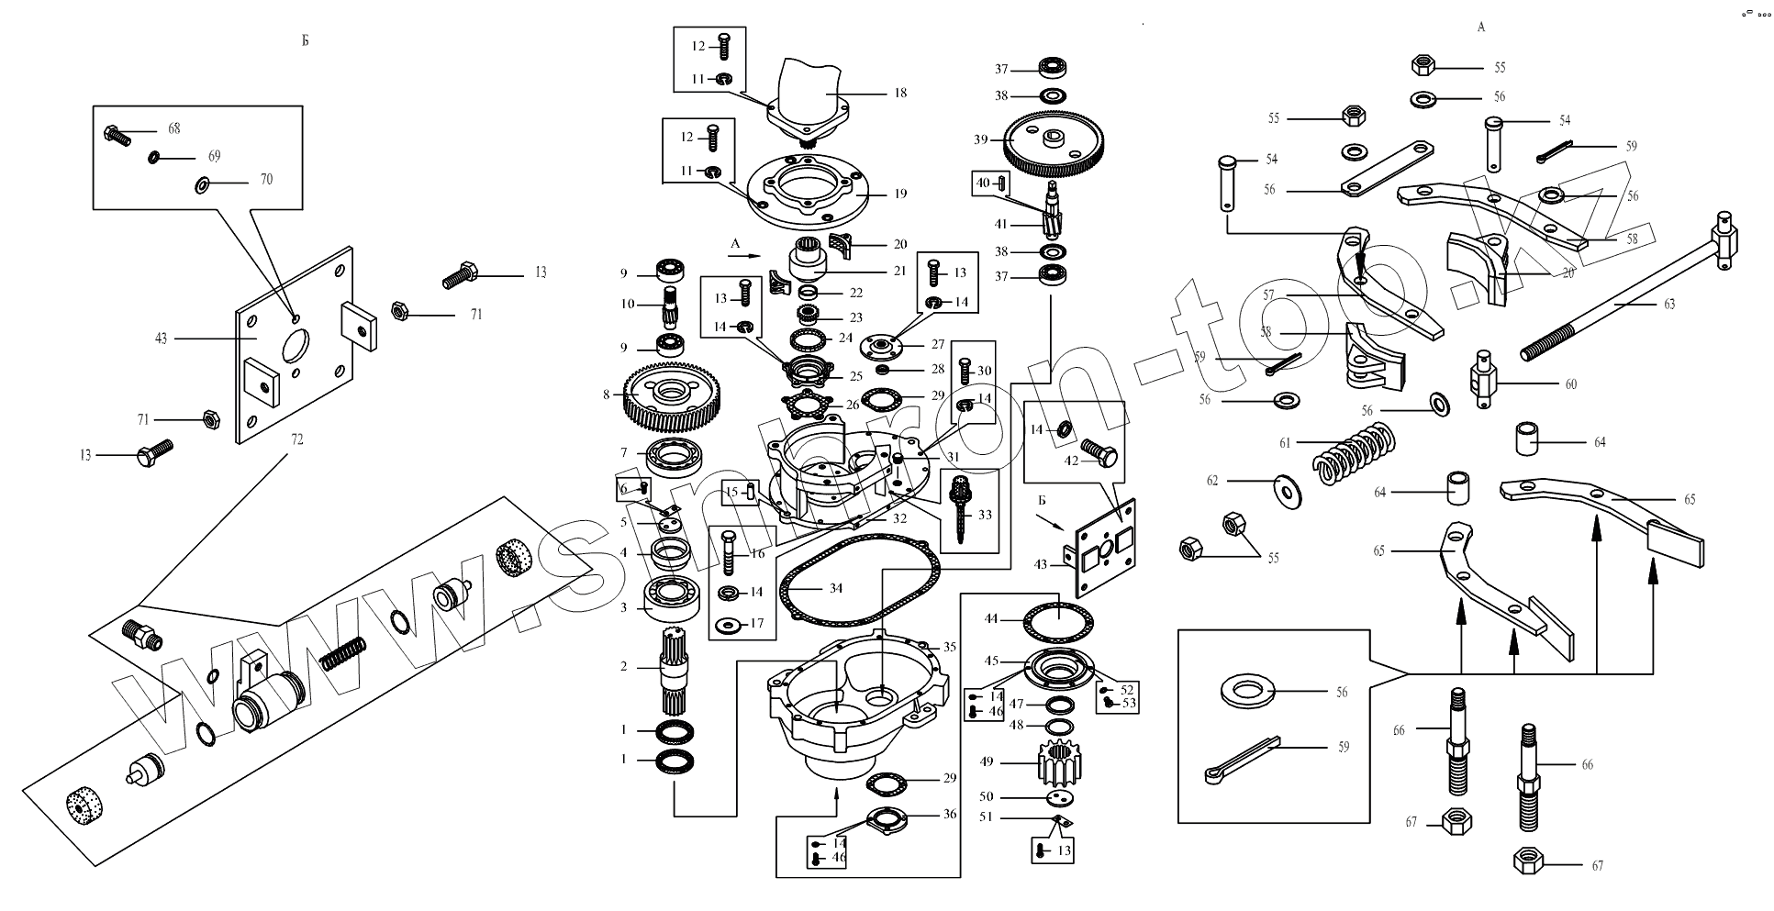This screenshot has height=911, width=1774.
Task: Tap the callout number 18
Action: [x=900, y=93]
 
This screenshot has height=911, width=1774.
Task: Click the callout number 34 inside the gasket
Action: [x=835, y=588]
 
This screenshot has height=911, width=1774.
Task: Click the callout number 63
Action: [x=1669, y=304]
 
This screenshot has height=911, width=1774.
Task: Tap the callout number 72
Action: [x=296, y=439]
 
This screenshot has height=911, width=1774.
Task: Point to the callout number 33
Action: [x=985, y=515]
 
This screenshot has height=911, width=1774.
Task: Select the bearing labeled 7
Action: [x=675, y=454]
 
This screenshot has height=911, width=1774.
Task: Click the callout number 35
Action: [x=950, y=647]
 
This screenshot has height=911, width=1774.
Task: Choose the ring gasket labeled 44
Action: [x=1059, y=624]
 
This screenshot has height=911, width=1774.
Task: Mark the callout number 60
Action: [x=1571, y=384]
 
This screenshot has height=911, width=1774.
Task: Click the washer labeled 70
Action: [x=203, y=186]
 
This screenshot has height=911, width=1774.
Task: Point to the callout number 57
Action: [x=1268, y=295]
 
